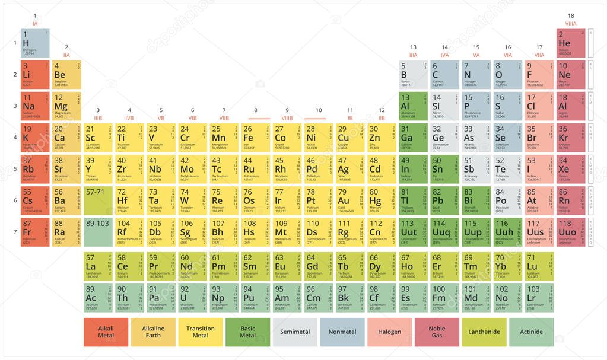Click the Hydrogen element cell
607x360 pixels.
pos(35,43)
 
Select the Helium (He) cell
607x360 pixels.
pos(571,43)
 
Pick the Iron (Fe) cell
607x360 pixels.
pos(256,137)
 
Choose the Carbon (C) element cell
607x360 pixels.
pos(444,75)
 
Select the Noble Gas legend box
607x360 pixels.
pos(437,332)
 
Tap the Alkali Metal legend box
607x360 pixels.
pos(106,332)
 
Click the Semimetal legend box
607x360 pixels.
pos(295,332)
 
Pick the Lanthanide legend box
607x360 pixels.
pos(484,332)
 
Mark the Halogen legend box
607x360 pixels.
pos(389,332)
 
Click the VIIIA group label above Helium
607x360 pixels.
pos(571,24)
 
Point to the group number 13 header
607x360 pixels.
pos(413,47)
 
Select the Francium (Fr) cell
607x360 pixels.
pos(35,231)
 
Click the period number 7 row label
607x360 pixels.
pos(15,231)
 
